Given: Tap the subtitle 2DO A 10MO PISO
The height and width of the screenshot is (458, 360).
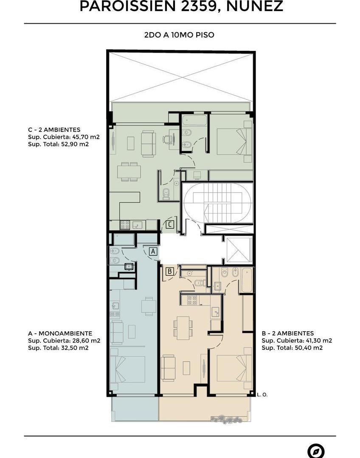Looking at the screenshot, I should tap(179, 35).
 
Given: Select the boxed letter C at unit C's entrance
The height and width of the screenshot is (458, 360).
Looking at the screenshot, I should tap(169, 224).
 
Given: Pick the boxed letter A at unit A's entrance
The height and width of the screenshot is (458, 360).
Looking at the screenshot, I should tap(153, 251).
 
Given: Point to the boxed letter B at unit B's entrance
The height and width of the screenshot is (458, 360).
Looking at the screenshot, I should tap(169, 271).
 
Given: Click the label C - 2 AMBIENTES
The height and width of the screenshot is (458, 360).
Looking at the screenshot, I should tap(54, 130).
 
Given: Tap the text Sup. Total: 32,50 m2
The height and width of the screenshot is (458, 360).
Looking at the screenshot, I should tap(58, 348).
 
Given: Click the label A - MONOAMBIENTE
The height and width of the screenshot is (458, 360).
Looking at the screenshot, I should tap(60, 333).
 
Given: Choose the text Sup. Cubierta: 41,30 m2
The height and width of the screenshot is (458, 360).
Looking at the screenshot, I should tap(297, 341).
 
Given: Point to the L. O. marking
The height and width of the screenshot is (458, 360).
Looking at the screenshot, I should tap(262, 394).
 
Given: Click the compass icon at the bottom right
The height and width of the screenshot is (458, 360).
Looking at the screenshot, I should tap(315, 451).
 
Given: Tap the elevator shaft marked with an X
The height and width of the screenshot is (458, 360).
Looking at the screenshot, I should tap(239, 251).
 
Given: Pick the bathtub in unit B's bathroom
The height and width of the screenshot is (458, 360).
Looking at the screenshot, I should tap(246, 280).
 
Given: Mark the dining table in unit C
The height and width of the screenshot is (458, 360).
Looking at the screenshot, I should tap(129, 171).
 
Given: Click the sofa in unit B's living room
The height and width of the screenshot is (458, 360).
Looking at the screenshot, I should tap(168, 367).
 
